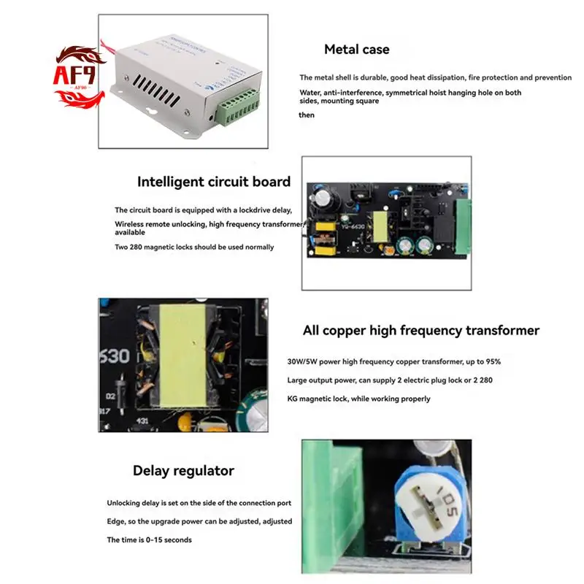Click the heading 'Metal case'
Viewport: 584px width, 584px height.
pyautogui.click(x=356, y=50)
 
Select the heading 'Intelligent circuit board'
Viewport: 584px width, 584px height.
pyautogui.click(x=214, y=182)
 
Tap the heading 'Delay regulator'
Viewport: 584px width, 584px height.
pyautogui.click(x=183, y=471)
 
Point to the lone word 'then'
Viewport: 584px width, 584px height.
pyautogui.click(x=307, y=115)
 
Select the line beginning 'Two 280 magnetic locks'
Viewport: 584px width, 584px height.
pyautogui.click(x=194, y=247)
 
